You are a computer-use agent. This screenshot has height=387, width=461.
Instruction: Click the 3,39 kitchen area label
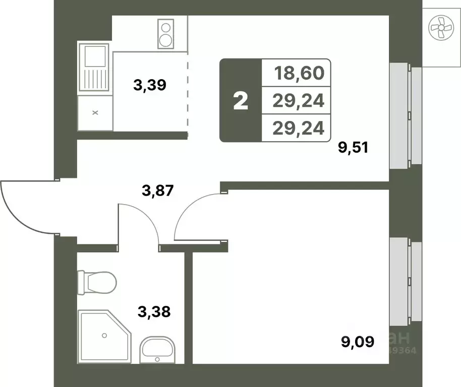[x=150, y=85]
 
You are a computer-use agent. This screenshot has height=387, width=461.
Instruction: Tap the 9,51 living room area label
[x=354, y=148]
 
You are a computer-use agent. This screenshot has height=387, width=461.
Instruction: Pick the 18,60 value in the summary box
[x=299, y=74]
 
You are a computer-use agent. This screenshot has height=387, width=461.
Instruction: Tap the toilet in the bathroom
[x=97, y=283]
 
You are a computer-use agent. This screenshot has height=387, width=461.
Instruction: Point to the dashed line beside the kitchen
[x=188, y=96]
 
